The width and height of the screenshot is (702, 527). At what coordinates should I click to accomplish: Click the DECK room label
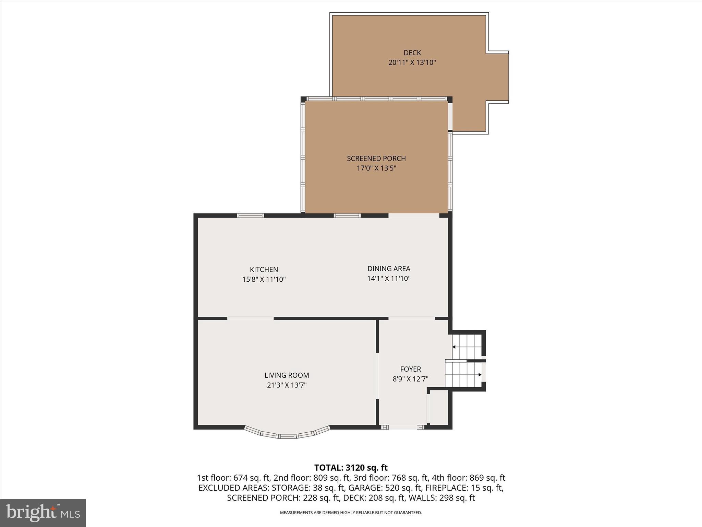tap(412, 53)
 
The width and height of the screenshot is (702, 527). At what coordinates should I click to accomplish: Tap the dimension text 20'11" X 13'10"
tap(412, 62)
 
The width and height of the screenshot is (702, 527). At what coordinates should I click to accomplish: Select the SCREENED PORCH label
tap(376, 159)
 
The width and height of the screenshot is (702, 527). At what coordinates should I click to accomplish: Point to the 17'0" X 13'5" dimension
tap(376, 168)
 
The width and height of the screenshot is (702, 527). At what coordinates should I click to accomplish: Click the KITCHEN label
tap(264, 270)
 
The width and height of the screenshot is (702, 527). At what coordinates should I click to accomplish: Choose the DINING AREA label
tap(389, 269)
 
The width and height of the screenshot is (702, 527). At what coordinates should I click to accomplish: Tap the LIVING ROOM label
tap(287, 375)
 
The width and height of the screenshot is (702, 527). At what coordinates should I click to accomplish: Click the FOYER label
tap(410, 369)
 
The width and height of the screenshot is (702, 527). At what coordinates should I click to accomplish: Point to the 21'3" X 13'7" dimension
tap(287, 385)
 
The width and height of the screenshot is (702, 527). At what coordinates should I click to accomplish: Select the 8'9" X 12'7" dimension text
tap(410, 379)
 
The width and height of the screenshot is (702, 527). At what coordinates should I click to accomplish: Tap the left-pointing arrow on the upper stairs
tap(454, 347)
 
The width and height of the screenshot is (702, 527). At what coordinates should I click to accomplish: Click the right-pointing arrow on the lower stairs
tap(480, 375)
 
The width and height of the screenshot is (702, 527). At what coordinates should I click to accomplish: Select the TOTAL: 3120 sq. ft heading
tap(351, 468)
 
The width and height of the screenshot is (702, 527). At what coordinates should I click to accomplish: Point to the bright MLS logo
tap(43, 513)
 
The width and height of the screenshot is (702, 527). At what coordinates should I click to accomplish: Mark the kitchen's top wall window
tap(250, 215)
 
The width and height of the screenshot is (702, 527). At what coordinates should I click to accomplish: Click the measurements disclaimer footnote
tap(351, 513)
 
